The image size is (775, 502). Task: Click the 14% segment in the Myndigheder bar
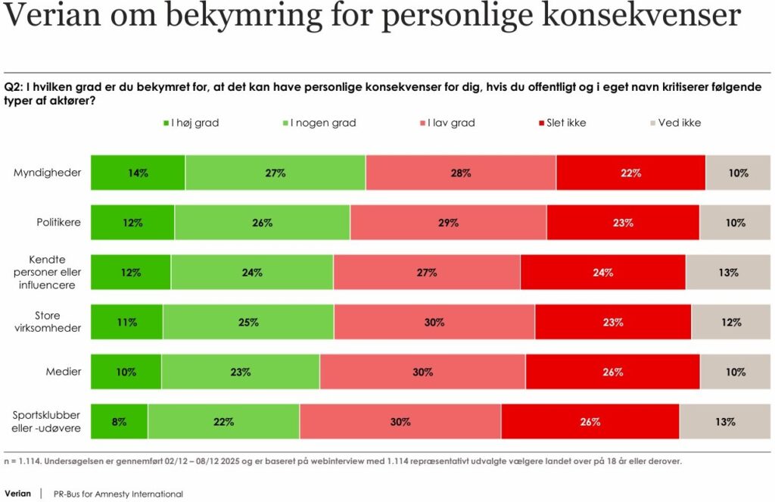pos(138,173)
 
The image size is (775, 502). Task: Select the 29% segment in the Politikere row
pos(448,223)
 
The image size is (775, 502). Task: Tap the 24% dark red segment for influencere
pos(602,273)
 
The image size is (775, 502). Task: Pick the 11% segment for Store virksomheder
pos(126,323)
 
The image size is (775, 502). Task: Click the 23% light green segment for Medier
pos(240,372)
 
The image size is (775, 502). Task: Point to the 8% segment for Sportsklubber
pos(119,422)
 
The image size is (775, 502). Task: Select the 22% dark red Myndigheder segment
pos(630,173)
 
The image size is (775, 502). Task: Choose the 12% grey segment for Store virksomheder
pos(730,323)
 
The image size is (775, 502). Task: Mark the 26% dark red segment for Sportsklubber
pos(590,422)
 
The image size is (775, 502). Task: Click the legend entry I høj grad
pos(195,123)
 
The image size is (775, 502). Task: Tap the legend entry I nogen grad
pos(322,123)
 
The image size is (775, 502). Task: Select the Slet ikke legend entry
pos(566,123)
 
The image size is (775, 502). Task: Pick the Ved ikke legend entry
pos(679,123)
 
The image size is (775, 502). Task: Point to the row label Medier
pos(64,372)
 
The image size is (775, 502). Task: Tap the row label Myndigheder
pos(47,173)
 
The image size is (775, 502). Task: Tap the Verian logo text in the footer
pos(18,494)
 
